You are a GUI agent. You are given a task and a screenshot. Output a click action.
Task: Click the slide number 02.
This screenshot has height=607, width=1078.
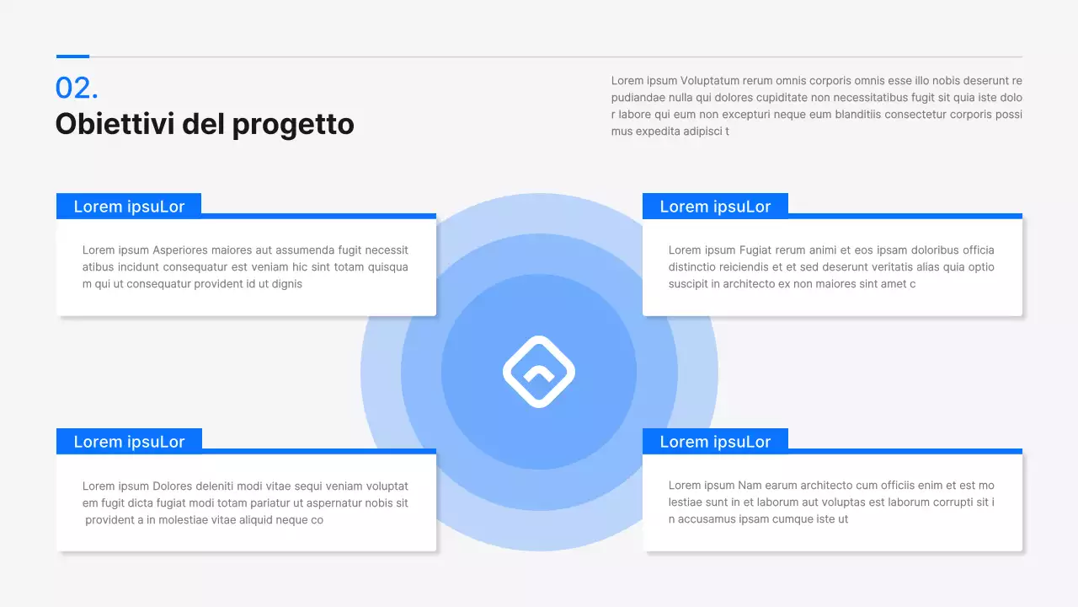click(x=77, y=89)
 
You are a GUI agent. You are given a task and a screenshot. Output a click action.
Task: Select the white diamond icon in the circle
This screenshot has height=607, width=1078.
click(x=539, y=372)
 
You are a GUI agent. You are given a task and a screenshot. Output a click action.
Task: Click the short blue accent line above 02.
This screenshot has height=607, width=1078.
click(x=72, y=56)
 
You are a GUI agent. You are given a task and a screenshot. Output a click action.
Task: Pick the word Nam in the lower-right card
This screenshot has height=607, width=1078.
click(x=750, y=486)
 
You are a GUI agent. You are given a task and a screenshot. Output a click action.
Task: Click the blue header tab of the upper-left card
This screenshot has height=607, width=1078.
click(x=129, y=207)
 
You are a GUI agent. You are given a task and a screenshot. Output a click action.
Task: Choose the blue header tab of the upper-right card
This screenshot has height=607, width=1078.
click(x=715, y=207)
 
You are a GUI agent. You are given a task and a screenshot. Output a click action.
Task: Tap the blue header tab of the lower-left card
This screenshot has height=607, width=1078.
click(x=129, y=442)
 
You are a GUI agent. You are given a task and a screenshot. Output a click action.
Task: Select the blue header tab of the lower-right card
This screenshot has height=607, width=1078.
click(x=715, y=442)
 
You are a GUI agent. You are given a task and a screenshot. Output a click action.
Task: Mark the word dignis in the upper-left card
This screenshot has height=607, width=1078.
click(x=286, y=284)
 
